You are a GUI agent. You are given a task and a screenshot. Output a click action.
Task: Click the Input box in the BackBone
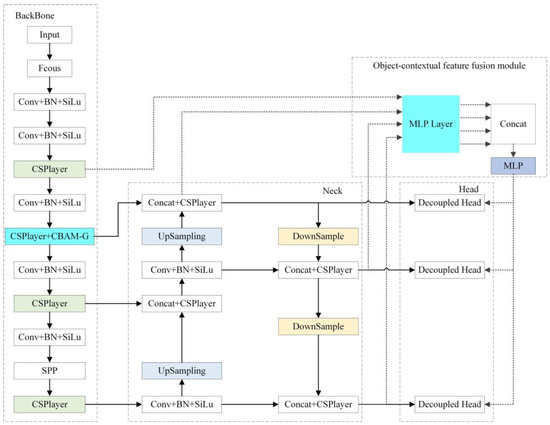(x=49, y=34)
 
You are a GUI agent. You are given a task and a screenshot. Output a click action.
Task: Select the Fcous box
(x=49, y=68)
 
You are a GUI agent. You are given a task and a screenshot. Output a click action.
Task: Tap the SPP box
(x=49, y=370)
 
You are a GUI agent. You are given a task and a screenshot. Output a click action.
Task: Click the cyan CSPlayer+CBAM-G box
(x=49, y=236)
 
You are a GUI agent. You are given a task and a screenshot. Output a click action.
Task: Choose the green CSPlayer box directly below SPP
(x=49, y=403)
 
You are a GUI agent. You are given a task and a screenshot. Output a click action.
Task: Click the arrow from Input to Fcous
(x=49, y=51)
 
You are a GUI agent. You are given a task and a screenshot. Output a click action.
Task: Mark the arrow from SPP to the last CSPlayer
(x=49, y=387)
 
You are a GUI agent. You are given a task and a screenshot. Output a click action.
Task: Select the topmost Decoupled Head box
(x=452, y=203)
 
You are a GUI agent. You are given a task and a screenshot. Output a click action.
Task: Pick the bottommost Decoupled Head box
(x=452, y=403)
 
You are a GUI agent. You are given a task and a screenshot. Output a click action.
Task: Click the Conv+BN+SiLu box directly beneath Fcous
(x=49, y=101)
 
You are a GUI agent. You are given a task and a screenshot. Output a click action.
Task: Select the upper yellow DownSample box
(x=318, y=236)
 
